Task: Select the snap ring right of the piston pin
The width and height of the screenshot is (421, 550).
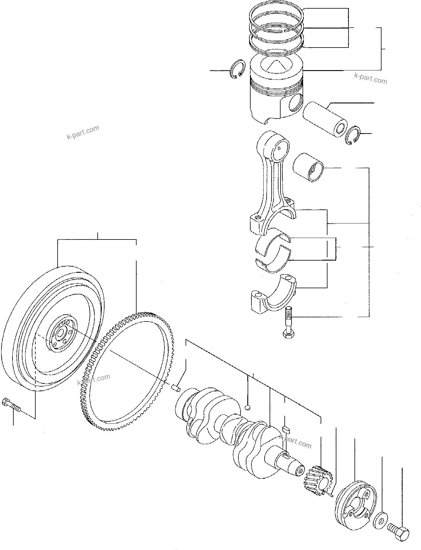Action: pyautogui.click(x=353, y=136)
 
